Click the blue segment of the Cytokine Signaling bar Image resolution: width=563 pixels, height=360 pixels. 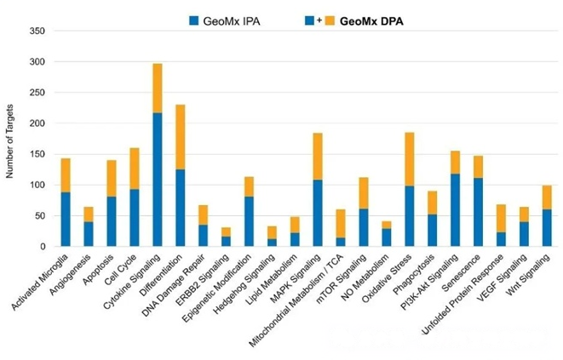pos(157,179)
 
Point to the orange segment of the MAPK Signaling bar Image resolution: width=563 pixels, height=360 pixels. pos(318,156)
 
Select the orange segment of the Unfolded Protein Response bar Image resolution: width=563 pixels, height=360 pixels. pos(502,218)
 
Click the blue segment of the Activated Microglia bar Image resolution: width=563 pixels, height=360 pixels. pos(66,219)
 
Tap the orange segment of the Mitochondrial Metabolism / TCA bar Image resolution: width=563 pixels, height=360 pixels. pos(341,223)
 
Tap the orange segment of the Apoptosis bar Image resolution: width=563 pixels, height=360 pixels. pos(111,178)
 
